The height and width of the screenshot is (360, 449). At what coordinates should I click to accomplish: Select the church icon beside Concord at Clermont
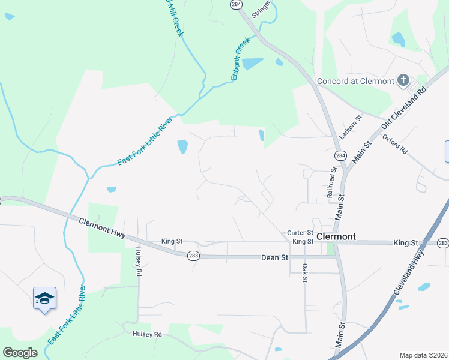(x=403, y=80)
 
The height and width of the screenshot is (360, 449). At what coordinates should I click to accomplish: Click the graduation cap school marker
(x=45, y=298)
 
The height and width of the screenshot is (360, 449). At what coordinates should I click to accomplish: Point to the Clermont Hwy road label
(x=102, y=228)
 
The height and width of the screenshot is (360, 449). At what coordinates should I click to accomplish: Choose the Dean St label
(x=275, y=257)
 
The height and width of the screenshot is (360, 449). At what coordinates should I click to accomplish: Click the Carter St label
(x=300, y=233)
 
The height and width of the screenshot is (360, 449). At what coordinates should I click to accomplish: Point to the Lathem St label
(x=352, y=127)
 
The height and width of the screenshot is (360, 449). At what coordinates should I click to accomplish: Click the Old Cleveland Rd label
(x=403, y=110)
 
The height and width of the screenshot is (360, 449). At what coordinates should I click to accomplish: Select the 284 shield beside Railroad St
(x=341, y=156)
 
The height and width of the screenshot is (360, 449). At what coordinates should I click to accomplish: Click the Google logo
(x=20, y=353)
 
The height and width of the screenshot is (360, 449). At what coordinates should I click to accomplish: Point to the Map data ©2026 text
(x=423, y=355)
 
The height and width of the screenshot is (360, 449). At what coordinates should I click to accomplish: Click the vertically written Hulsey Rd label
(x=138, y=262)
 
